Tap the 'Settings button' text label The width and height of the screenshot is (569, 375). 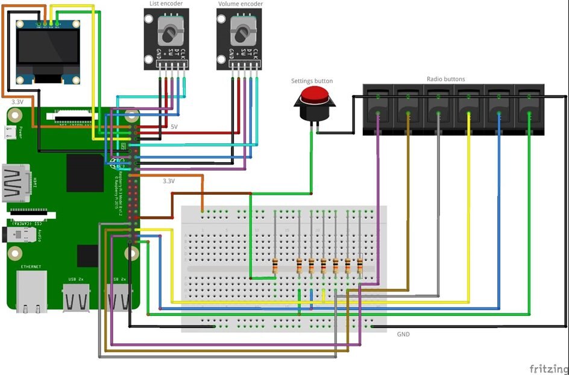[312, 81]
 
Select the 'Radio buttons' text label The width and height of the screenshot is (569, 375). [445, 79]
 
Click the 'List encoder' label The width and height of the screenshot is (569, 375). [166, 4]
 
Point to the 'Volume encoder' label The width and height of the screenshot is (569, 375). [240, 4]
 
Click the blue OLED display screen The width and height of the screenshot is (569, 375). [48, 51]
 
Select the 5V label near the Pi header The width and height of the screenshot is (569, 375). [174, 127]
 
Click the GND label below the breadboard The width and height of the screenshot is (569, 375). [403, 334]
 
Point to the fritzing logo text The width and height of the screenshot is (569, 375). [549, 368]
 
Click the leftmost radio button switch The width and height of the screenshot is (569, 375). [377, 107]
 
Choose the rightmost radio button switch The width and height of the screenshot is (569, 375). [529, 107]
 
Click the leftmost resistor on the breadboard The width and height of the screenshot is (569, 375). [275, 265]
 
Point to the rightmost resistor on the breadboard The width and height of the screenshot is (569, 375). [360, 265]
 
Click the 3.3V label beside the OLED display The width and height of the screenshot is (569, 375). [17, 102]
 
